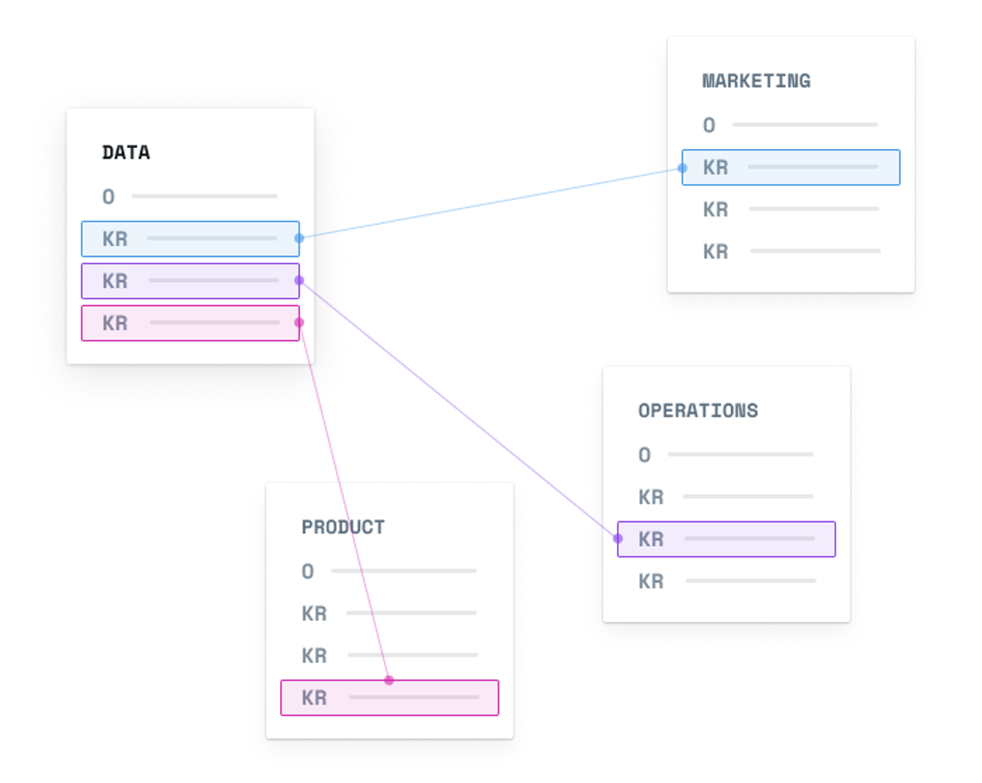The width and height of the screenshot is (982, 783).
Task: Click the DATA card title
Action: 126,152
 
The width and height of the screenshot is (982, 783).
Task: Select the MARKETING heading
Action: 756,81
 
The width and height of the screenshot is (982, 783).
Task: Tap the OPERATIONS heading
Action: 698,411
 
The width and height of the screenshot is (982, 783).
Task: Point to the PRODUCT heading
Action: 343,527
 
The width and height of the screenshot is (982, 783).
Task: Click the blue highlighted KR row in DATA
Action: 191,239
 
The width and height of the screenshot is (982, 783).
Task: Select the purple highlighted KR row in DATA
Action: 191,281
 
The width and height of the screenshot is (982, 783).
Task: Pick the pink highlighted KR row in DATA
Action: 191,323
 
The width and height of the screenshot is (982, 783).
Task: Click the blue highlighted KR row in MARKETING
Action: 791,167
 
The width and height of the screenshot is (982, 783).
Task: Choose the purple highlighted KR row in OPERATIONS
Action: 727,539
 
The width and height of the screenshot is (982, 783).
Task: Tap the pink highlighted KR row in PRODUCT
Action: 390,698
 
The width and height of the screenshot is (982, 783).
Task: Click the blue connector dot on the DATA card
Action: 300,238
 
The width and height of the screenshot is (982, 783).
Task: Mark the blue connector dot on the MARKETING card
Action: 682,168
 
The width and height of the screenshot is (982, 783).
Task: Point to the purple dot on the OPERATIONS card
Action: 618,539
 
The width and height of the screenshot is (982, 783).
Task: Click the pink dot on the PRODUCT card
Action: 389,681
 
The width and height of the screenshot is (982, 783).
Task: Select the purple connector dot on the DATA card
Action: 300,280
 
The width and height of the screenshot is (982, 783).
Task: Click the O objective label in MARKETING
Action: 709,125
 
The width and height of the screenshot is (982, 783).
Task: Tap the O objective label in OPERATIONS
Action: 644,455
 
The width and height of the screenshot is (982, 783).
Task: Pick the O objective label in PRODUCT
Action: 308,571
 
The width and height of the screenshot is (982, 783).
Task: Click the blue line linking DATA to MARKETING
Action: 490,203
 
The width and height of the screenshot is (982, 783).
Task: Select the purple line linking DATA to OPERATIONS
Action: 458,410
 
